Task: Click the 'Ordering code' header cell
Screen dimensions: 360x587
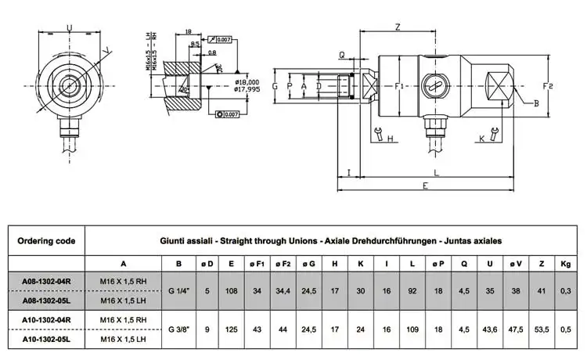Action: [45, 241]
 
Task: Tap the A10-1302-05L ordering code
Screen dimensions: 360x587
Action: [46, 340]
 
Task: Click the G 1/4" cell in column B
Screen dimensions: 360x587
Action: [180, 291]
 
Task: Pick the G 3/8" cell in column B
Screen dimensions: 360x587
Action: [180, 329]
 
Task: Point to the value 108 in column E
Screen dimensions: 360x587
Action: [232, 291]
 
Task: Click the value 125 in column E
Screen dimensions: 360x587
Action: [232, 329]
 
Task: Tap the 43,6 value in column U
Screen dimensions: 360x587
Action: [489, 329]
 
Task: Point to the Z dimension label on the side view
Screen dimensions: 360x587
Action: [398, 27]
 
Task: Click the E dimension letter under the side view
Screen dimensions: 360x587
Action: [424, 186]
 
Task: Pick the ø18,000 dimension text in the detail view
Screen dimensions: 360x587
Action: [251, 81]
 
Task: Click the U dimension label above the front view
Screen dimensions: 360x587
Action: [70, 29]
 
